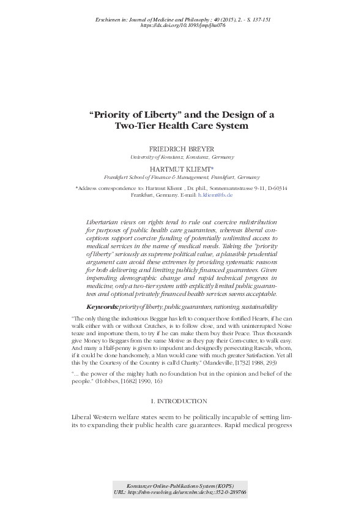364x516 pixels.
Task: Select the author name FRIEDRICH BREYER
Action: [182, 149]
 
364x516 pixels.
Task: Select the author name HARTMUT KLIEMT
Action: [180, 169]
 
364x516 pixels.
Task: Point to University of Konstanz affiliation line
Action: [182, 157]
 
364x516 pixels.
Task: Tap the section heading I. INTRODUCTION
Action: [182, 400]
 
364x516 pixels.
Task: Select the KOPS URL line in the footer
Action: [182, 491]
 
